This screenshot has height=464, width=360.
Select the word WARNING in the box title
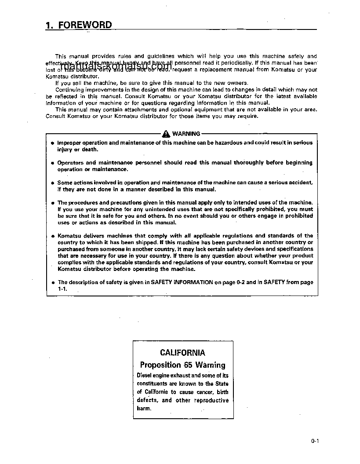pos(186,134)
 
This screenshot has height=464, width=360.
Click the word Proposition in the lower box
pos(160,365)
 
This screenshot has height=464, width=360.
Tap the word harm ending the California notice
pos(143,409)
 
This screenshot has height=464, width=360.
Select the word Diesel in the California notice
pos(145,376)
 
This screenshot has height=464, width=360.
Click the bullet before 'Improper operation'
pos(52,143)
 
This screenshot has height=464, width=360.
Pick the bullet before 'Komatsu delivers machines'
pos(52,236)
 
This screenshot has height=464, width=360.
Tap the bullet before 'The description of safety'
pos(52,283)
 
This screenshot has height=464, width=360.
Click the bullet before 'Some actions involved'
pos(52,183)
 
